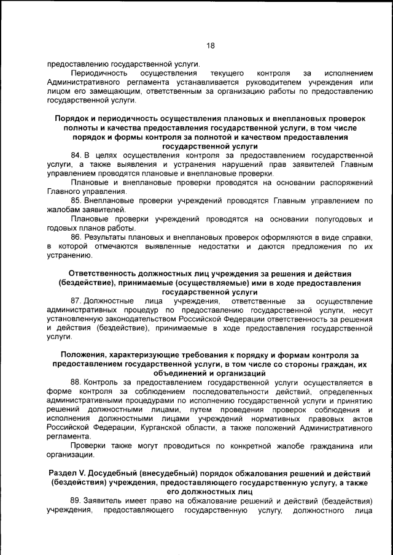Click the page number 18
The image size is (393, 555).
pos(209,46)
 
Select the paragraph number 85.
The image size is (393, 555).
pos(76,201)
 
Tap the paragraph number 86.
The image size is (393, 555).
pos(76,237)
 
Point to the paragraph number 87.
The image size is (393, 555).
pos(76,302)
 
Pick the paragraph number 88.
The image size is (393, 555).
pos(76,383)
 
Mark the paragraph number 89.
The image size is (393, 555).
pos(76,500)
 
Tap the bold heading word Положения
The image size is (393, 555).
pos(87,355)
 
